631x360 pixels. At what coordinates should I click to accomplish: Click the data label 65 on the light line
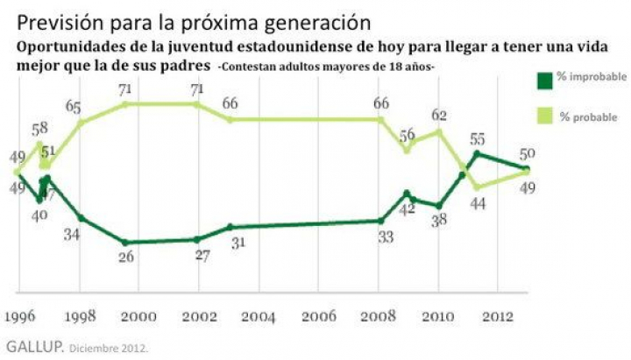[74, 109]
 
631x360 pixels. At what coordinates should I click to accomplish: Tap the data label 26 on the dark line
[126, 258]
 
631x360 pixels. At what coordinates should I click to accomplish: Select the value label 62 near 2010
[439, 115]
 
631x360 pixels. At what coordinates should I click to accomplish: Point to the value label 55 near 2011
[478, 138]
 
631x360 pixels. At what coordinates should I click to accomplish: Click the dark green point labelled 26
[126, 243]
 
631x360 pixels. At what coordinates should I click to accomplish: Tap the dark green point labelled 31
[230, 227]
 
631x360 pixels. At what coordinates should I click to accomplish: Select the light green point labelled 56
[407, 151]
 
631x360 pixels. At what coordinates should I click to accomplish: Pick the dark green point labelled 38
[439, 206]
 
